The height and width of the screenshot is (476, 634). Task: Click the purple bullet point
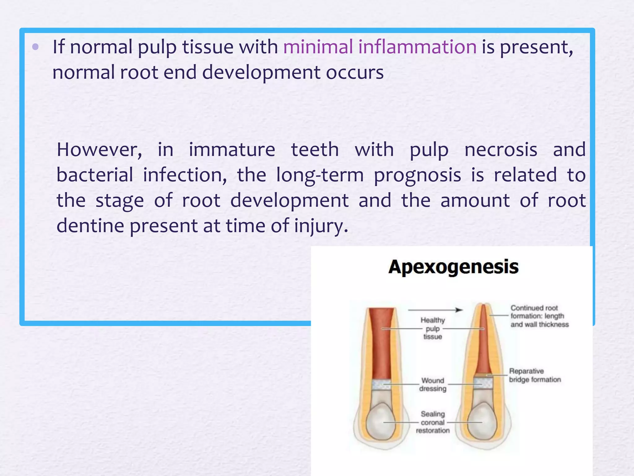[x=35, y=47]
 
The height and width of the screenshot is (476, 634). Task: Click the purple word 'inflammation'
[x=417, y=47]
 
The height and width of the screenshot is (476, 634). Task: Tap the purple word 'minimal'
[x=318, y=47]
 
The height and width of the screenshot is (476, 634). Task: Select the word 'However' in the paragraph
[x=99, y=150]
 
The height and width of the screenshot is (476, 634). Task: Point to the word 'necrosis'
[x=501, y=150]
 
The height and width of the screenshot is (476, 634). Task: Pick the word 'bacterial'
[x=95, y=175]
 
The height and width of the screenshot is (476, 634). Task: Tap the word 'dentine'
[x=90, y=226]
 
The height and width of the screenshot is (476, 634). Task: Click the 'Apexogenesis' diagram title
[x=453, y=267]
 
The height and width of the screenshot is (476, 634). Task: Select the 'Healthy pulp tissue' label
[x=432, y=328]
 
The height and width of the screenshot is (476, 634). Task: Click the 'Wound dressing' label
[x=433, y=385]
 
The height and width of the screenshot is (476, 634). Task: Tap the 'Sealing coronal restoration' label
[x=432, y=422]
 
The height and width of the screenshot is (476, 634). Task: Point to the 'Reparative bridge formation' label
[x=535, y=375]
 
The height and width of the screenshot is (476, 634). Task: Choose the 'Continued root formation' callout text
[x=539, y=316]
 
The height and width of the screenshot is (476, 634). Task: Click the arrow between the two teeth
[x=435, y=310]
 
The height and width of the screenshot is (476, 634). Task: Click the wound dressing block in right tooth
[x=483, y=383]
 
